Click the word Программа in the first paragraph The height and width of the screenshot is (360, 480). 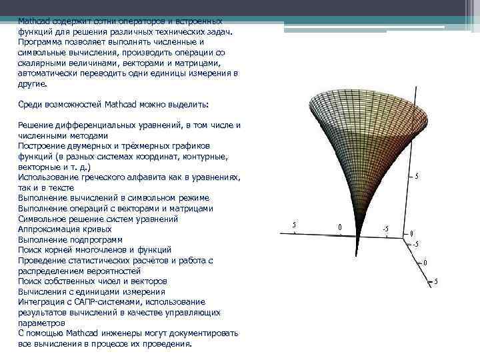coord(39,42)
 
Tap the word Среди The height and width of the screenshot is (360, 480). coord(31,105)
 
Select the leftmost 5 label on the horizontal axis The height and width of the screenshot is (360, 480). coord(295,225)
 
